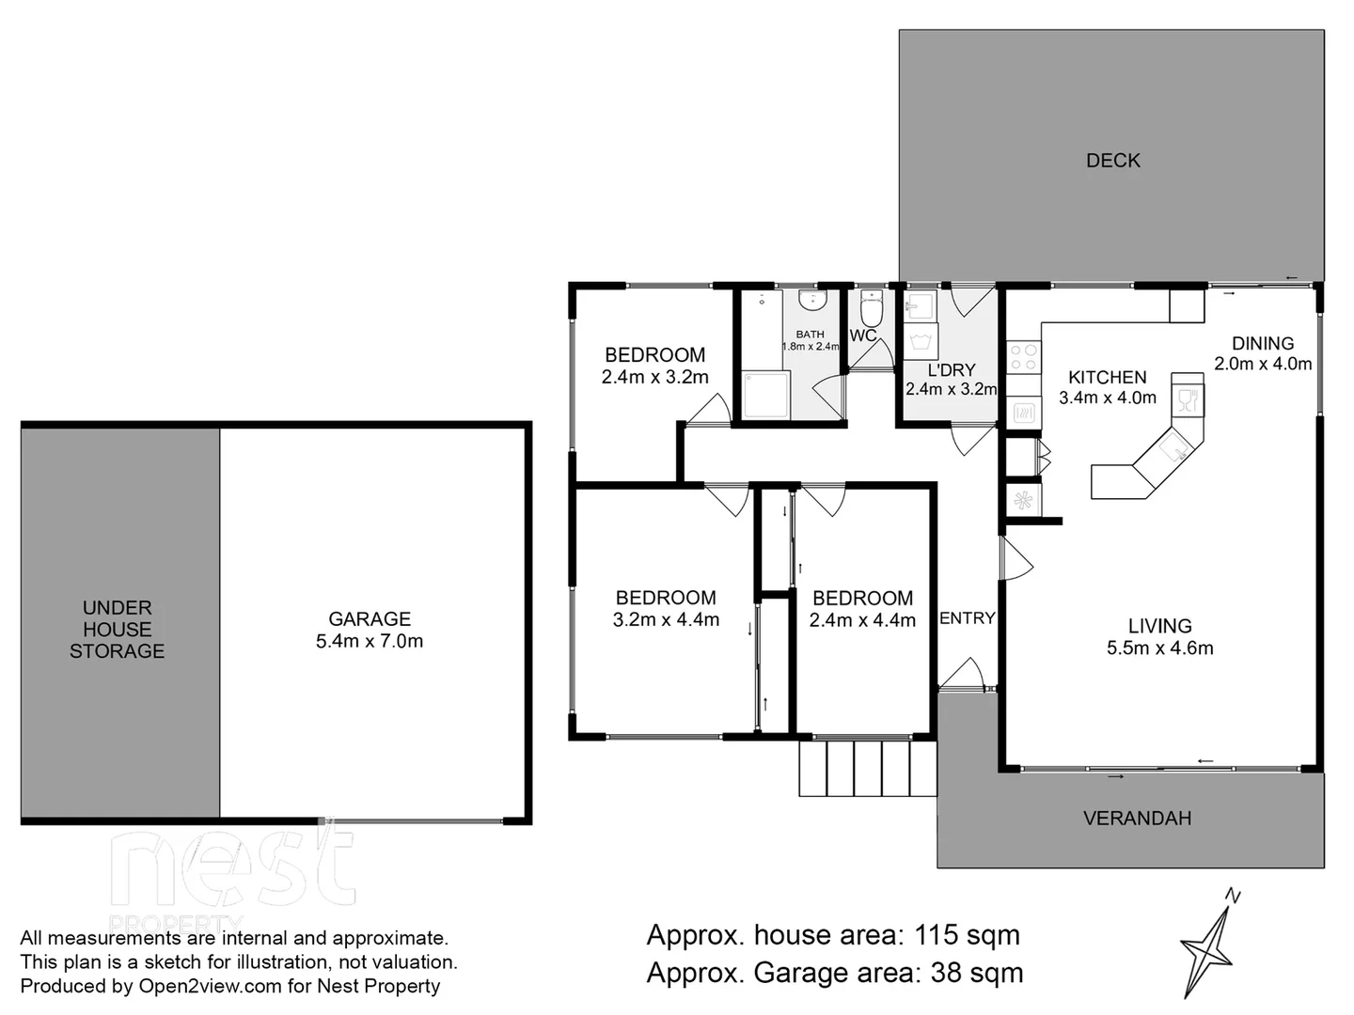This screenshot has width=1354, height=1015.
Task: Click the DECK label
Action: click(1112, 161)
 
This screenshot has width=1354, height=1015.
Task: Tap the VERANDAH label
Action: click(1137, 819)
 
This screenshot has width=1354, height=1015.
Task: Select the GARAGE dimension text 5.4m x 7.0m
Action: click(370, 642)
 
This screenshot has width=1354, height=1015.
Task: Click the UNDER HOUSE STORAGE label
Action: click(117, 630)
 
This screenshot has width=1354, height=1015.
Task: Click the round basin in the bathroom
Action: click(812, 300)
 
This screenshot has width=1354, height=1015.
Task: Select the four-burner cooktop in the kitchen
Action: click(1023, 357)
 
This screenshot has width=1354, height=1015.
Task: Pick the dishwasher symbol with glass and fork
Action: click(1188, 399)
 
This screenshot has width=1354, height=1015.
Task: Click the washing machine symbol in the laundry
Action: click(920, 338)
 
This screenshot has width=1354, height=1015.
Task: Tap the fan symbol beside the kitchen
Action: click(1023, 500)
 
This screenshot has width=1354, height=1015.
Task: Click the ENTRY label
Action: click(967, 618)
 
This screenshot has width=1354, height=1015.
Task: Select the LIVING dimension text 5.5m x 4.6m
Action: click(1159, 648)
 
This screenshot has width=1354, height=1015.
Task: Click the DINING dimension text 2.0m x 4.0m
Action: click(1262, 365)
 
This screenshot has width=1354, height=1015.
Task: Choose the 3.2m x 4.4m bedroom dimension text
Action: click(666, 620)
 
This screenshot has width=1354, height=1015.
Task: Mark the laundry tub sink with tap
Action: click(920, 306)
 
